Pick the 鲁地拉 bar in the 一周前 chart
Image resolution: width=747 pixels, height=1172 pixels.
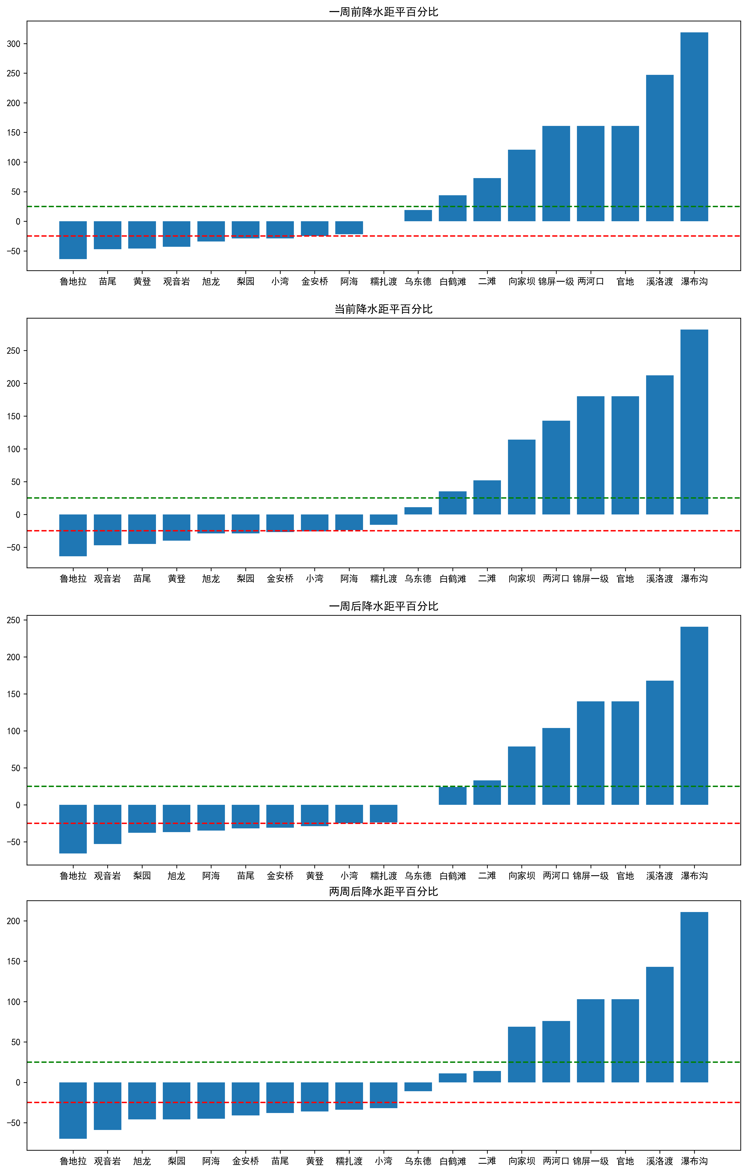(x=73, y=240)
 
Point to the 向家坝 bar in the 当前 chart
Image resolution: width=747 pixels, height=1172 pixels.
(x=522, y=477)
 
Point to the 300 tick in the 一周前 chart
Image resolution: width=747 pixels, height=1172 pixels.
(x=14, y=44)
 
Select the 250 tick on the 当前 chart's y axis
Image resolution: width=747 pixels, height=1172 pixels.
(x=14, y=351)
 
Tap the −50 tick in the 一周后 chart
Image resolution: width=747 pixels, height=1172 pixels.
(x=13, y=842)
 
